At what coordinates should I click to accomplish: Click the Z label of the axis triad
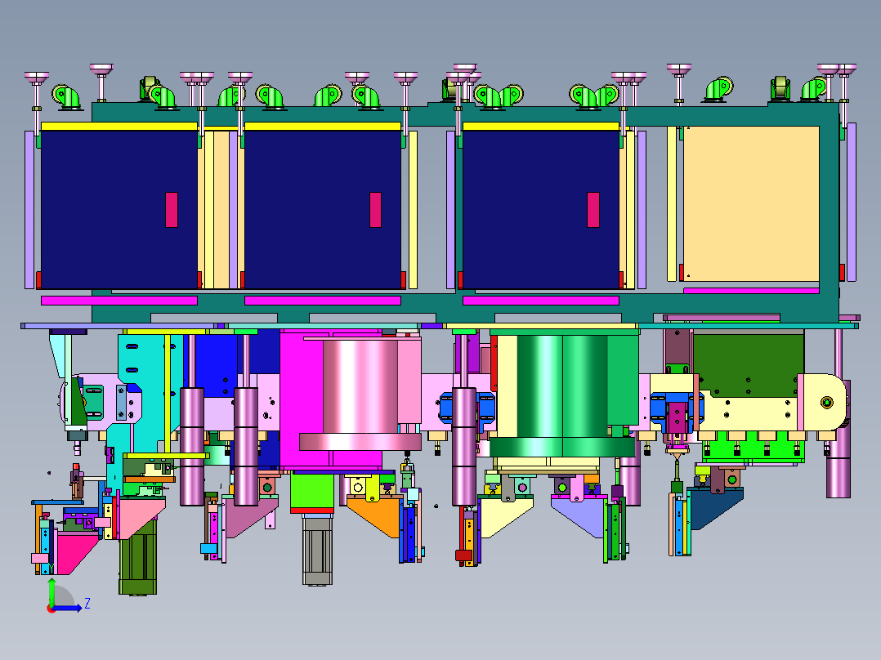(x=87, y=604)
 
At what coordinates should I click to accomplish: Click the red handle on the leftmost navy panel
(x=172, y=210)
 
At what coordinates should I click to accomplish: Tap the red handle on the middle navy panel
(x=375, y=210)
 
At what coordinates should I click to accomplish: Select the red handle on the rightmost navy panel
(x=593, y=210)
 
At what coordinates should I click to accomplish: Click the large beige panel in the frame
(x=750, y=203)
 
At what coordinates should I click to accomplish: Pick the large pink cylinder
(x=360, y=393)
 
